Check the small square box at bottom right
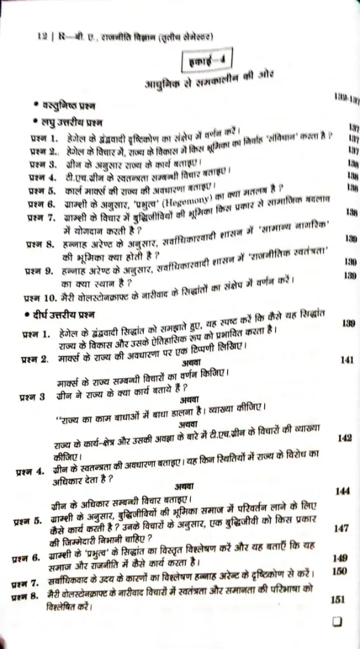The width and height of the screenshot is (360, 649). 338,622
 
